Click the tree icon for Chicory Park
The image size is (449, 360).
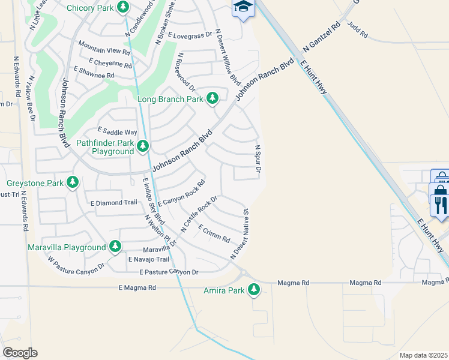click(123, 7)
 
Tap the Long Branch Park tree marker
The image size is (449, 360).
click(212, 98)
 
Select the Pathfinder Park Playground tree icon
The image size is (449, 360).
click(142, 146)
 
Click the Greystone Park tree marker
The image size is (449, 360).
click(73, 182)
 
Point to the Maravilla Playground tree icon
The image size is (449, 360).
click(115, 247)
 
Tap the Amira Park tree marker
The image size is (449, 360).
click(254, 290)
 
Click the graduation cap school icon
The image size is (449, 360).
click(243, 7)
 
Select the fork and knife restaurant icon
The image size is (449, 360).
click(440, 205)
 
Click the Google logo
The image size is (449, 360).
click(19, 353)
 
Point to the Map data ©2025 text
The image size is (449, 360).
click(423, 355)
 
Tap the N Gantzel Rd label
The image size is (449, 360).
click(322, 37)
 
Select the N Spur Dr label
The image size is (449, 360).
click(258, 160)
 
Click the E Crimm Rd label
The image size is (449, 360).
click(214, 234)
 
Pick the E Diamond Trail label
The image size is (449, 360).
click(113, 202)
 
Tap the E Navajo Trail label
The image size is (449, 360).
click(148, 259)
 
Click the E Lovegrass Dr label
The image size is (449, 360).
click(190, 35)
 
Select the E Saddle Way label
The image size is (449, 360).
click(117, 132)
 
